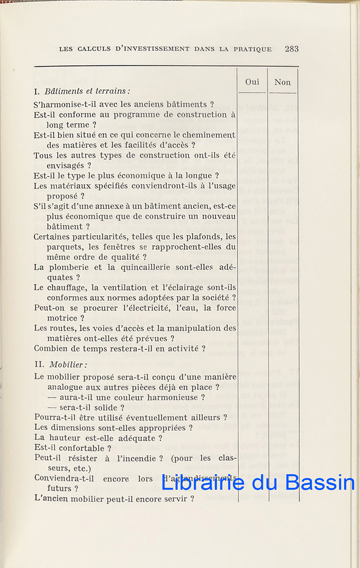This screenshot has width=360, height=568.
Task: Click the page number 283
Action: (292, 49)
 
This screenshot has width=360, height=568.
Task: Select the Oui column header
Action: (252, 82)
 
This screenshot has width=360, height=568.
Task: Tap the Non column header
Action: (282, 82)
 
